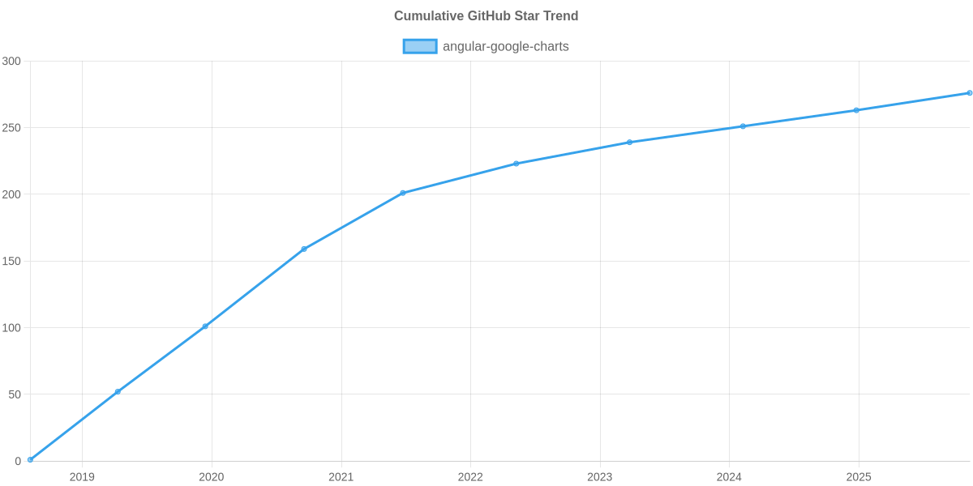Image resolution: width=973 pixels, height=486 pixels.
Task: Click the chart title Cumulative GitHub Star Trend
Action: [486, 16]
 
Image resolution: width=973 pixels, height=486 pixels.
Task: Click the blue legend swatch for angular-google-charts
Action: [419, 46]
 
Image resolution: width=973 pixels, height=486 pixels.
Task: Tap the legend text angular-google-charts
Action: [505, 46]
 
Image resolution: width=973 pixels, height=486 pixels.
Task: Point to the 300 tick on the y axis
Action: [11, 62]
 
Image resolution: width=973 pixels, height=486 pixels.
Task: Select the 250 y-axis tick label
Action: [11, 128]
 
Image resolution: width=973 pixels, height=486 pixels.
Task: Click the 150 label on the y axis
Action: [11, 262]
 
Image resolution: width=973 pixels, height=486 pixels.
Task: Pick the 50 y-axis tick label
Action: [15, 394]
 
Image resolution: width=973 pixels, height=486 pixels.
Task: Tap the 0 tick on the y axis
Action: [17, 462]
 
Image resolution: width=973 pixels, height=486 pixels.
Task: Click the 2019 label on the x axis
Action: [82, 477]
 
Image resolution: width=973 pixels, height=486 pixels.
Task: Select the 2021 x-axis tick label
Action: [341, 477]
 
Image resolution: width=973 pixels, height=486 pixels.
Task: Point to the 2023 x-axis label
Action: [599, 477]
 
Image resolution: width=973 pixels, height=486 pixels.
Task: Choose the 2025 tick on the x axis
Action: [858, 477]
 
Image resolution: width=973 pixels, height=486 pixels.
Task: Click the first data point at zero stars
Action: [30, 459]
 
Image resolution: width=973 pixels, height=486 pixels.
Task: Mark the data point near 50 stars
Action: [118, 391]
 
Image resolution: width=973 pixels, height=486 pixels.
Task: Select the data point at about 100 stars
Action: [205, 326]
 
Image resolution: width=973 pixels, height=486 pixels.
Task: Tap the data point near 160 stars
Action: [304, 249]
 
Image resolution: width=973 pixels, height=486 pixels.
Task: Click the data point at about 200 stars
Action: [403, 193]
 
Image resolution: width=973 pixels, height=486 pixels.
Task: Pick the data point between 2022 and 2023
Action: [516, 164]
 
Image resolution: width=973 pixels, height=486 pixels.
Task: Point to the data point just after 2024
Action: [743, 126]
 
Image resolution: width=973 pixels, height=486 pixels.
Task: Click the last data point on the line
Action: [969, 93]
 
